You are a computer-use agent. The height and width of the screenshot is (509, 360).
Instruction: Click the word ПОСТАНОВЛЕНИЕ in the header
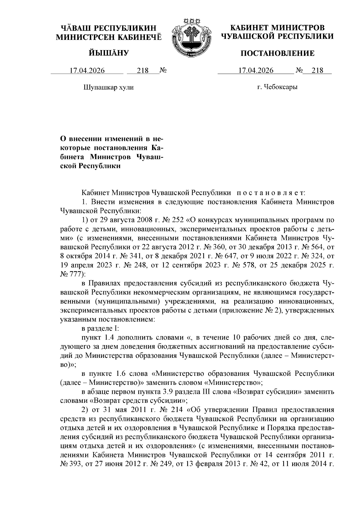(x=277, y=53)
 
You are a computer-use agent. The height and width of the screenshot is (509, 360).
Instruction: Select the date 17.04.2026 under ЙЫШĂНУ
(x=87, y=71)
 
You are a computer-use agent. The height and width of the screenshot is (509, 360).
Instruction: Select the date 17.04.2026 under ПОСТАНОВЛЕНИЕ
(x=256, y=71)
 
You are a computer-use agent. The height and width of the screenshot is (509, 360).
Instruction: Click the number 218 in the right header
(x=317, y=71)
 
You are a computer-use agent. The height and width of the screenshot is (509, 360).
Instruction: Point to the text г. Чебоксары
(x=277, y=87)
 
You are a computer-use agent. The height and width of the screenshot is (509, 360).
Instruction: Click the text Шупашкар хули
(x=108, y=87)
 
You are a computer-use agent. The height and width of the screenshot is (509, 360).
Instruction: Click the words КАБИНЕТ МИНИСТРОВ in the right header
(x=277, y=28)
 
